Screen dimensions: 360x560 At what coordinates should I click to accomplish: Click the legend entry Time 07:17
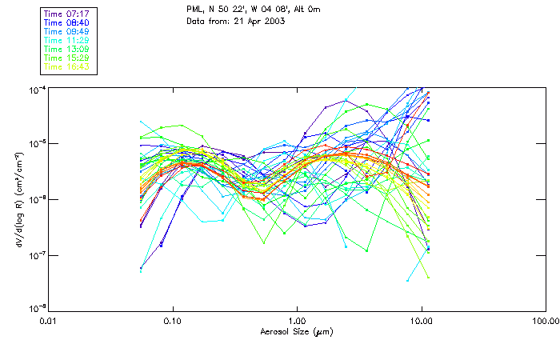(66, 14)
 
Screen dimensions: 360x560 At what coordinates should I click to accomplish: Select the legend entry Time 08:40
(66, 22)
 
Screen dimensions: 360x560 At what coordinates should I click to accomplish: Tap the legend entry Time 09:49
(66, 31)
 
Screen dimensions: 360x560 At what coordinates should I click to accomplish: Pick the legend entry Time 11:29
(66, 40)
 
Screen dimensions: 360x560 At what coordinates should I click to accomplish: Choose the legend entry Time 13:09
(66, 49)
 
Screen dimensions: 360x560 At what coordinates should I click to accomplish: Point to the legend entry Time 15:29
(66, 58)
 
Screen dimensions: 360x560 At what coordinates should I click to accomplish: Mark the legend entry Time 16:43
(66, 66)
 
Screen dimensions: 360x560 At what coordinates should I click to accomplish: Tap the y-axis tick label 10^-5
(38, 144)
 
